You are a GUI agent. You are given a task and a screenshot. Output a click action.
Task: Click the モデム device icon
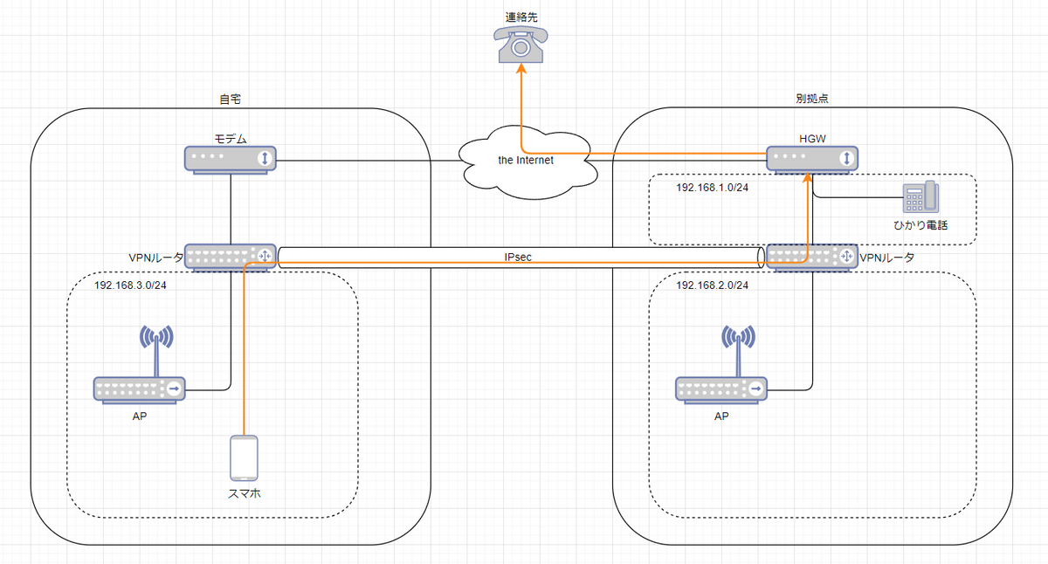[230, 159]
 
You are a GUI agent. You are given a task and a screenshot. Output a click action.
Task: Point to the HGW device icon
[812, 159]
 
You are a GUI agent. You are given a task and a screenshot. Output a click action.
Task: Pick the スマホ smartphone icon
[244, 458]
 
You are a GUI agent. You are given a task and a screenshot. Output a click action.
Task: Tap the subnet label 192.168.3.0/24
[131, 285]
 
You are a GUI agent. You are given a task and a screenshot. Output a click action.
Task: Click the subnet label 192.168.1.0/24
[713, 188]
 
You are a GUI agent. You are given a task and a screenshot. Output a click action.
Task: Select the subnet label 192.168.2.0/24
[713, 285]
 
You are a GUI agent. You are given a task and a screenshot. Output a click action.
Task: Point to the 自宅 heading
[230, 100]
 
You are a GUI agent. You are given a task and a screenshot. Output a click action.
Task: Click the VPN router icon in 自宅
[231, 257]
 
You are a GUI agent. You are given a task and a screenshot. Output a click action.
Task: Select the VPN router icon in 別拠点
[811, 257]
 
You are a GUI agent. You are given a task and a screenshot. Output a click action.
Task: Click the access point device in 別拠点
[722, 388]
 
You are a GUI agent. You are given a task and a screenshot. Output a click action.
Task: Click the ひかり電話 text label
[921, 225]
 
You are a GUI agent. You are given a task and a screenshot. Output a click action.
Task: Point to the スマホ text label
[244, 493]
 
